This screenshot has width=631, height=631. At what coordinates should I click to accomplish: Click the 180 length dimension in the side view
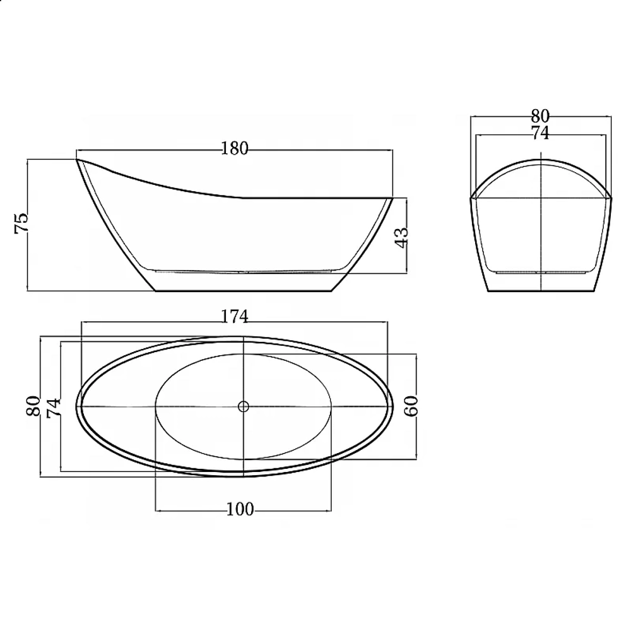(x=235, y=149)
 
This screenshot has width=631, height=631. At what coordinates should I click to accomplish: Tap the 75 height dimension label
(x=21, y=223)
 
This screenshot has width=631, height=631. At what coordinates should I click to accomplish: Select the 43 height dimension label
(x=401, y=238)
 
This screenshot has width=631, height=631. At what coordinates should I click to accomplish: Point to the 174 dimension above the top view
(x=235, y=317)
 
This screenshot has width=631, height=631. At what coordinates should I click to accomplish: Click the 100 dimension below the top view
(x=240, y=509)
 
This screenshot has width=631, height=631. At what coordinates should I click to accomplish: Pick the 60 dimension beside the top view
(x=411, y=406)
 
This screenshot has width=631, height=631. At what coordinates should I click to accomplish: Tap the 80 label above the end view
(x=540, y=116)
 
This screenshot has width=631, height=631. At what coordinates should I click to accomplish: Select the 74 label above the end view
(x=540, y=133)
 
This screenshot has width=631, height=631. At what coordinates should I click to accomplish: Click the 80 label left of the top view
(x=33, y=406)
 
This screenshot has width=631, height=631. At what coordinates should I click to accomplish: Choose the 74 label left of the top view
(x=54, y=408)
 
